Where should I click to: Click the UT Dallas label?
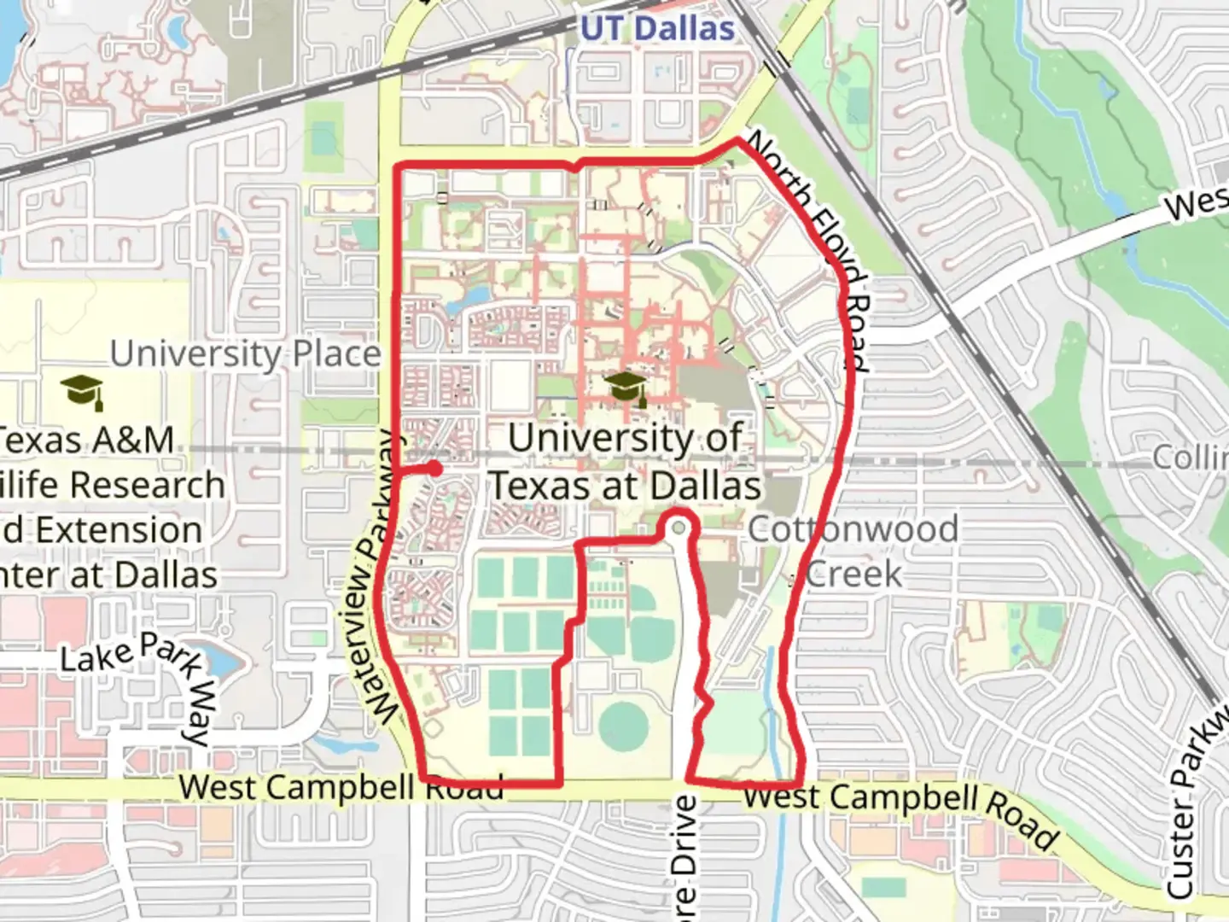[657, 28]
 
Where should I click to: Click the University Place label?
[246, 353]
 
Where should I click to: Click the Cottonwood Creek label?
[853, 551]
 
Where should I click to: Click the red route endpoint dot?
[434, 468]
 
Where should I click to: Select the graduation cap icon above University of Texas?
[626, 388]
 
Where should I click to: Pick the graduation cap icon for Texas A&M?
[83, 391]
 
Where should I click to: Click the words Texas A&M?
[85, 440]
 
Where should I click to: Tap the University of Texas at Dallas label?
[626, 462]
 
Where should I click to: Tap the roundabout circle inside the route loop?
[679, 528]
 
